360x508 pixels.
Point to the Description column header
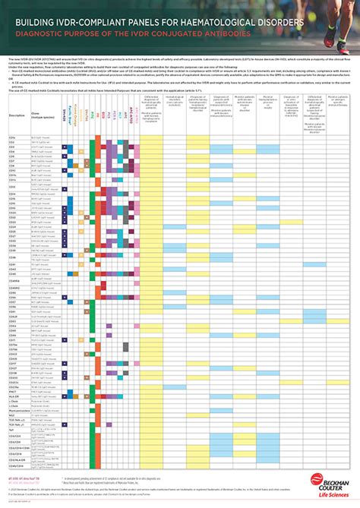point(17,115)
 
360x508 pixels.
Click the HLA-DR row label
point(14,396)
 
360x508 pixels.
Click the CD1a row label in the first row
point(12,137)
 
